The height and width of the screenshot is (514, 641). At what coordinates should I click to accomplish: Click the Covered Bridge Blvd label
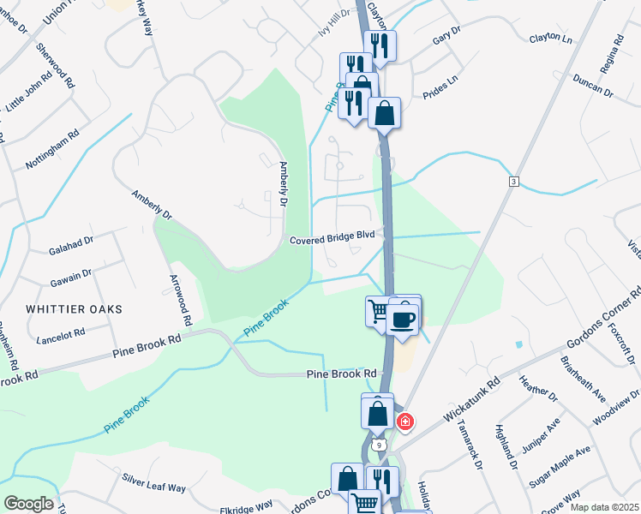(x=332, y=240)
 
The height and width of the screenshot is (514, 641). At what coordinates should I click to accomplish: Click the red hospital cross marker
(x=405, y=421)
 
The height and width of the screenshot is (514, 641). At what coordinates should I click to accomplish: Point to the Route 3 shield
(x=513, y=182)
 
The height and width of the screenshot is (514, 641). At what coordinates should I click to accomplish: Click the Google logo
(x=29, y=504)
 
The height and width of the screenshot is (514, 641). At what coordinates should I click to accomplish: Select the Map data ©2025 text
(x=603, y=507)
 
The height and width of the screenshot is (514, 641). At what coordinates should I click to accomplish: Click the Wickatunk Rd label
(x=470, y=402)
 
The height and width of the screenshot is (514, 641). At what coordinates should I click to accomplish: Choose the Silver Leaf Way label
(x=153, y=482)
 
